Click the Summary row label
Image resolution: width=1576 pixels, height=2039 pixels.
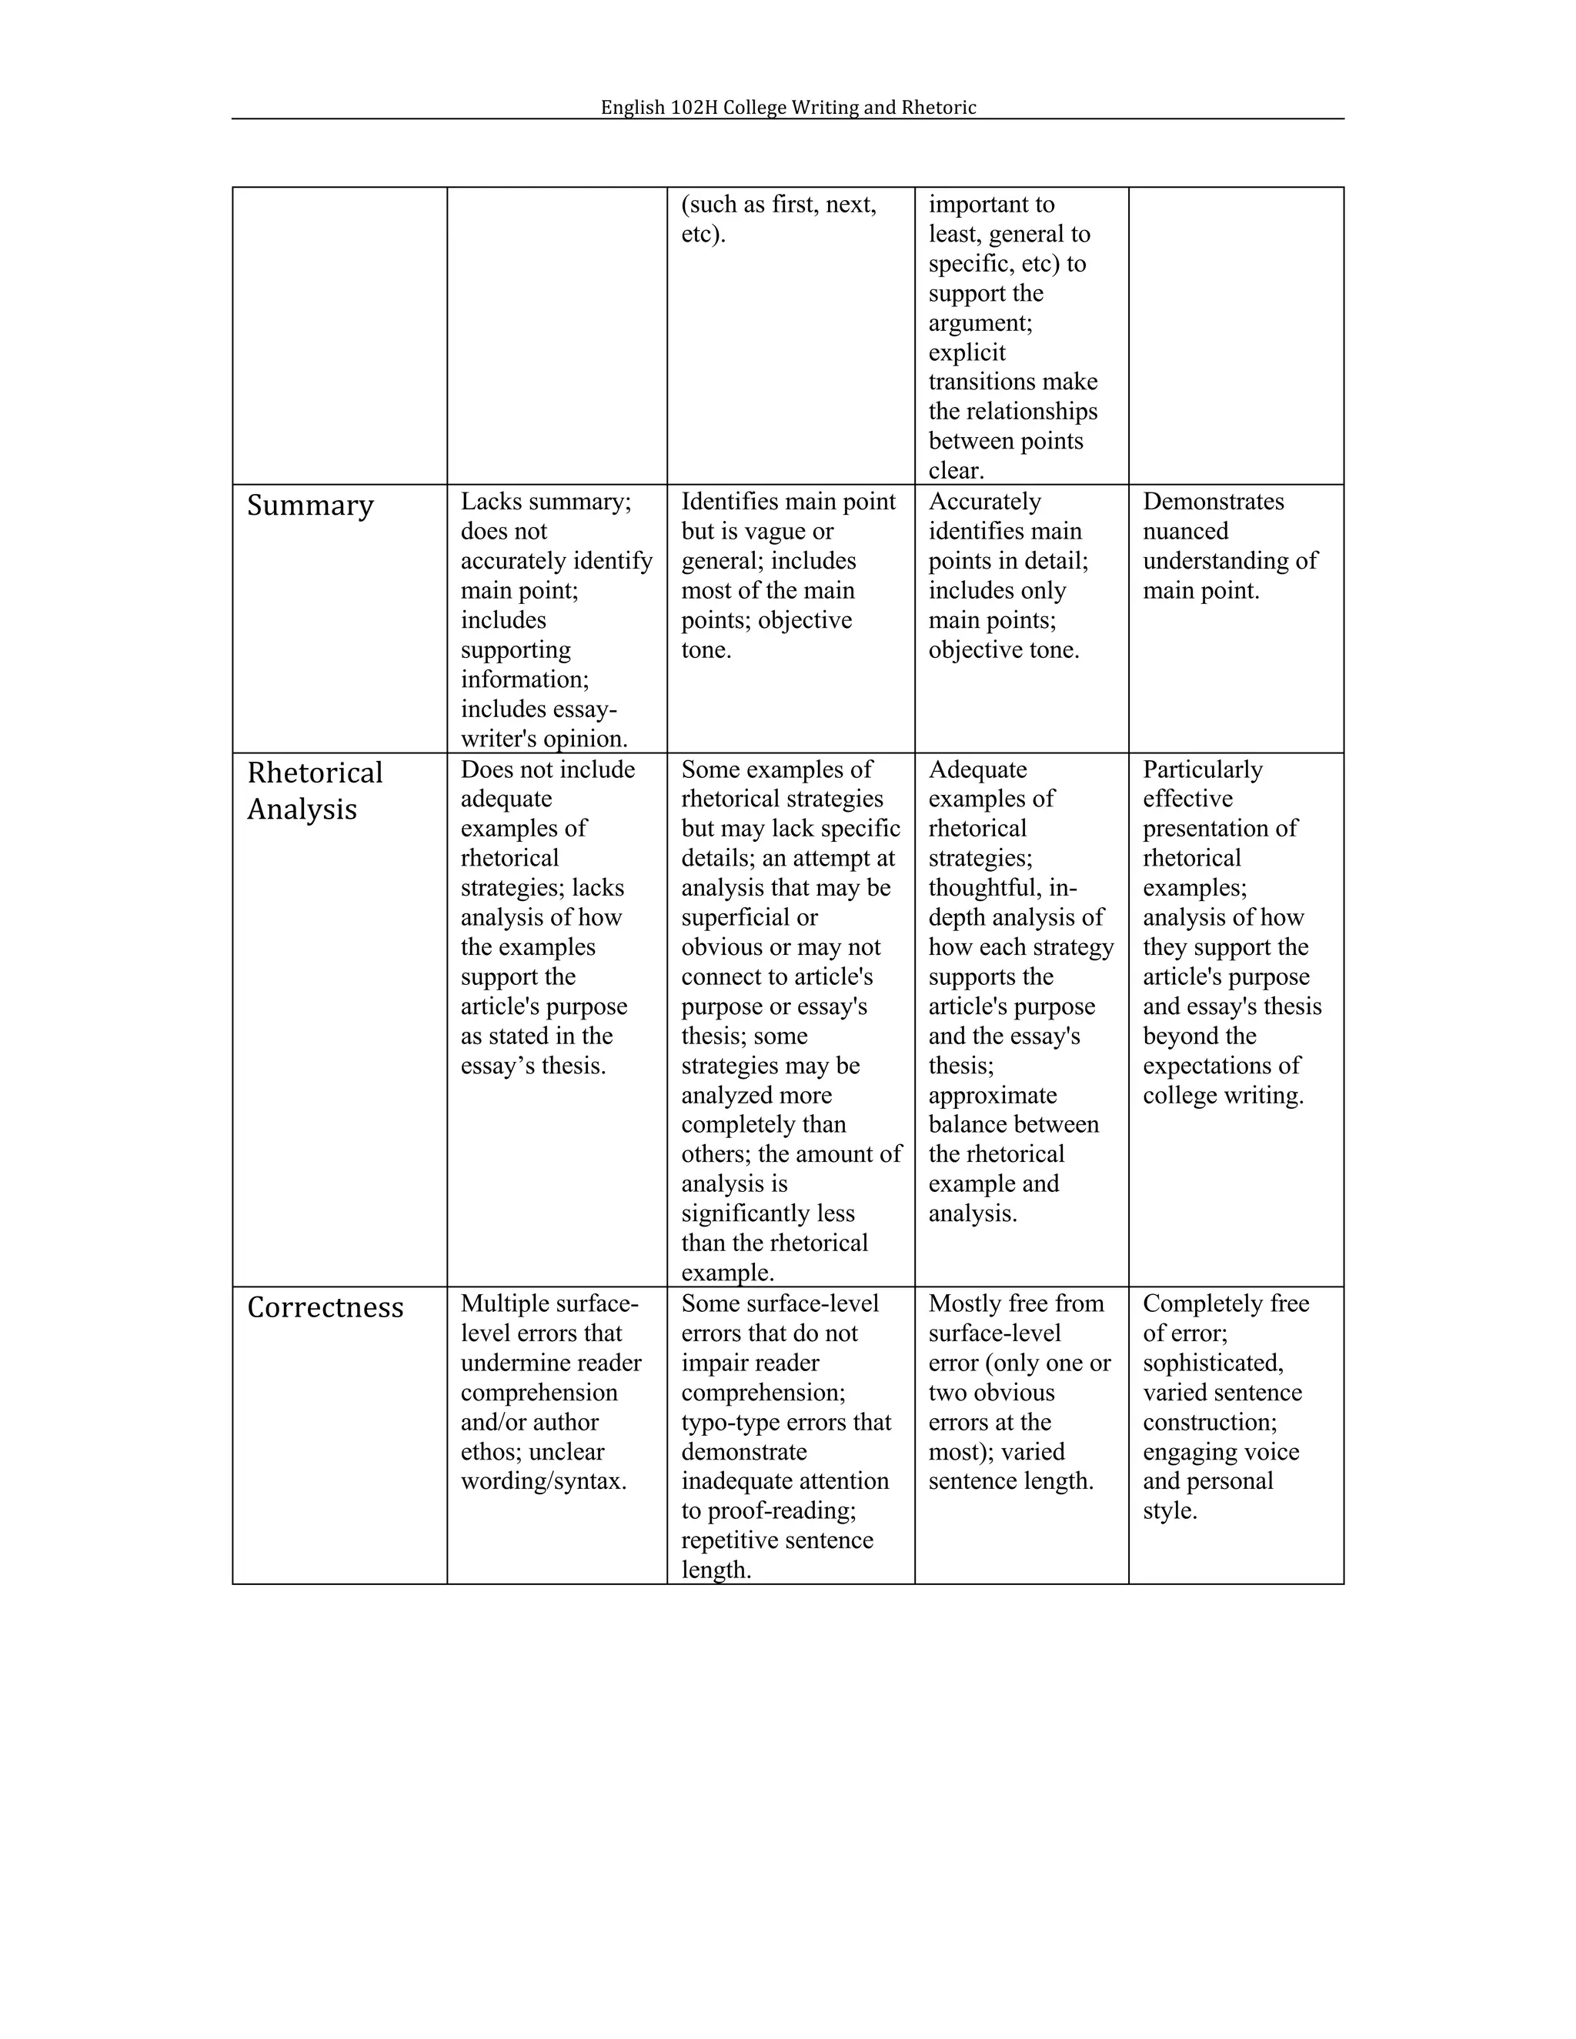pos(310,505)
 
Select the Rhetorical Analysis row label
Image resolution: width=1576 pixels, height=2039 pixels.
pos(315,790)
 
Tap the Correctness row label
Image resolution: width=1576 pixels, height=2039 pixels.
pos(325,1307)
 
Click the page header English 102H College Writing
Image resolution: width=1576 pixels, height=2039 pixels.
pos(788,108)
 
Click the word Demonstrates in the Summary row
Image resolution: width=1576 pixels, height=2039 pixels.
pos(1213,502)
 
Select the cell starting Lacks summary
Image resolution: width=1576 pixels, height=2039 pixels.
pos(556,619)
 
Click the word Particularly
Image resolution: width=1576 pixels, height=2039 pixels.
pos(1203,769)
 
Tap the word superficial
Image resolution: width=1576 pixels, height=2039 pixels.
pos(735,918)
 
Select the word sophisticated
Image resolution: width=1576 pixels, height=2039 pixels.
pos(1212,1363)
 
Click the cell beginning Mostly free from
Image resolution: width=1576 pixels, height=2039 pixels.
pos(1020,1392)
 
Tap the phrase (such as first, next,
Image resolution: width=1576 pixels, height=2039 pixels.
pos(779,205)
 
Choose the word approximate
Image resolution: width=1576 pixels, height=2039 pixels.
pos(993,1095)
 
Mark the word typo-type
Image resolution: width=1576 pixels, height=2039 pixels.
pos(726,1422)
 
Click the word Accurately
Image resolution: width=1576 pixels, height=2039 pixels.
pos(984,502)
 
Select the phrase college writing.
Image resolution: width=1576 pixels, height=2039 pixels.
pos(1222,1095)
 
